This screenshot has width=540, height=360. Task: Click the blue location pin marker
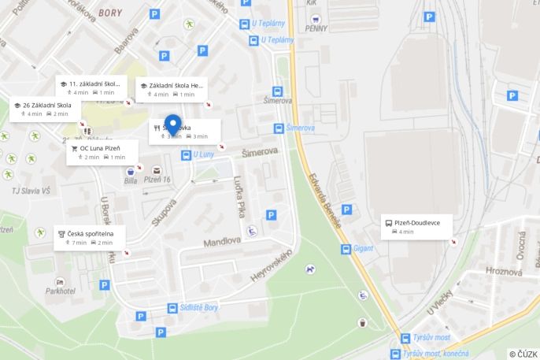pos(172,125)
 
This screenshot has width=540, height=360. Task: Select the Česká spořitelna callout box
pos(91,238)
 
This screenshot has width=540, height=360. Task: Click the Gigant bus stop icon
pos(346,250)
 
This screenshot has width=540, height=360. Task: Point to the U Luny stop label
pos(204,155)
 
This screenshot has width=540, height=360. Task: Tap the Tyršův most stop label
pos(430,338)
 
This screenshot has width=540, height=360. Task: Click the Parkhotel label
pos(60,291)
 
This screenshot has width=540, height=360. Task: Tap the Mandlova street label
pos(220,243)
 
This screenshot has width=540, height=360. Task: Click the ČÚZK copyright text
pos(523,354)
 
